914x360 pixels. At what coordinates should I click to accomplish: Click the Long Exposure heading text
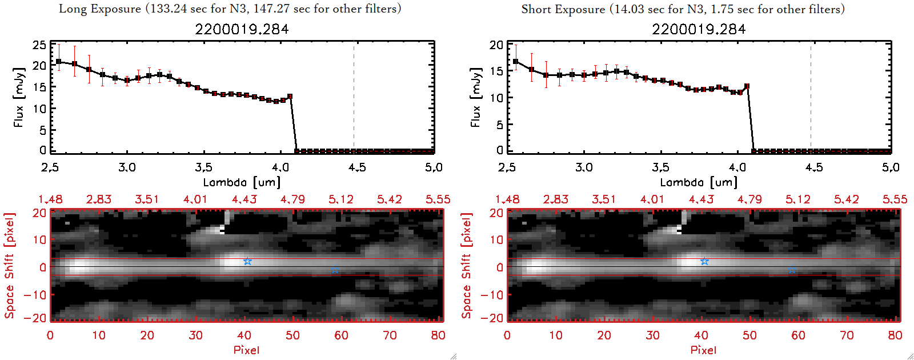230,9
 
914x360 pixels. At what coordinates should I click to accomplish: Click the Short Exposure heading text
683,9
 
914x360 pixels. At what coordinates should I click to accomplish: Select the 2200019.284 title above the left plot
242,29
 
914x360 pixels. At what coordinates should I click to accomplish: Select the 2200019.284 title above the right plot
699,29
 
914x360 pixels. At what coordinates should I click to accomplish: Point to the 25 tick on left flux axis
39,45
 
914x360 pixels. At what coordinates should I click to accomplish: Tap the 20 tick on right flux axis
496,45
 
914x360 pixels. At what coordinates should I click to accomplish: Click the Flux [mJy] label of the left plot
19,97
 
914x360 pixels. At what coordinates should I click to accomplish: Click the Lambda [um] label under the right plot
699,182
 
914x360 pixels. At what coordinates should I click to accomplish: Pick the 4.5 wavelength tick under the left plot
357,167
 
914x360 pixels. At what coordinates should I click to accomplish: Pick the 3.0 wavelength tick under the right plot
584,167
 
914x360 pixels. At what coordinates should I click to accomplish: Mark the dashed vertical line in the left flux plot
354,97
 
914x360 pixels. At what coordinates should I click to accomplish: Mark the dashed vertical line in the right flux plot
811,97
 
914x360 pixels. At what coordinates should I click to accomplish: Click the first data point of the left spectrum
58,61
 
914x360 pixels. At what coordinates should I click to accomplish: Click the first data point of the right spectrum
516,62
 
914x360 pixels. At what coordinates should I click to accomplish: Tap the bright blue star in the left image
247,261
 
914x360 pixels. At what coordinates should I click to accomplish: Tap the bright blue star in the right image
704,261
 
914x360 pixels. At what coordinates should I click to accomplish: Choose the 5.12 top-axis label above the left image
341,199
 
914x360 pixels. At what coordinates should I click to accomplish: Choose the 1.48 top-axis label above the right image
507,199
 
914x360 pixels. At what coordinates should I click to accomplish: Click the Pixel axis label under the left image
246,350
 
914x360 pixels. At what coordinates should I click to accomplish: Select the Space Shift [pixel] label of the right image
467,266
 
